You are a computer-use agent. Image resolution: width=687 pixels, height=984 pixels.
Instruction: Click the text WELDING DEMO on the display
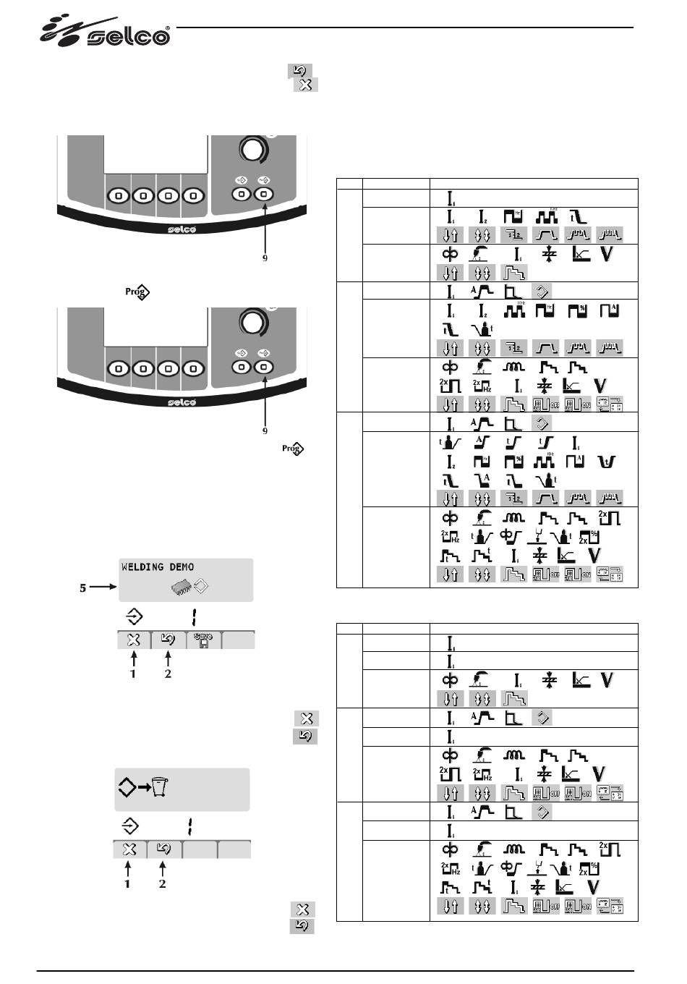[158, 567]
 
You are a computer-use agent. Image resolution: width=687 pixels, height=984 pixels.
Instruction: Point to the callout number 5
[83, 588]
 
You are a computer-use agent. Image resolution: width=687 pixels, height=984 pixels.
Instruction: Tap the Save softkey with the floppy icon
[203, 640]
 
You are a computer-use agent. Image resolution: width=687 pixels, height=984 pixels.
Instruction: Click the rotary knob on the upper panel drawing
[252, 150]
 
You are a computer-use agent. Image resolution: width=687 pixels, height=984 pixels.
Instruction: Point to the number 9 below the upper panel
[265, 258]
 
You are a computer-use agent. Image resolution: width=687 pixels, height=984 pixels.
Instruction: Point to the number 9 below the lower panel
[265, 430]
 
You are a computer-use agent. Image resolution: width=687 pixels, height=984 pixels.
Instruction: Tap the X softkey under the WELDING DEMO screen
[133, 640]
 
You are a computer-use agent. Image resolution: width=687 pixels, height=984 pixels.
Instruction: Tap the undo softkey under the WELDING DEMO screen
[168, 640]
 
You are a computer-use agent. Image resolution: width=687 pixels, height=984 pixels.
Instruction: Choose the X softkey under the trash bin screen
[129, 849]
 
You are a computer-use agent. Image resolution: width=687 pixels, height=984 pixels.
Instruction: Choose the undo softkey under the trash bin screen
[164, 849]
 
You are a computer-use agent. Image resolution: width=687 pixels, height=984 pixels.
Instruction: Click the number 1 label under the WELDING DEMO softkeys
[133, 674]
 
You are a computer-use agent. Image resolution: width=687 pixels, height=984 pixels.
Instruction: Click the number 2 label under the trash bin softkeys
[163, 883]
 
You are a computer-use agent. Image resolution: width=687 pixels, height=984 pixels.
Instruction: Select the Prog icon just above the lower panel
[137, 293]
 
